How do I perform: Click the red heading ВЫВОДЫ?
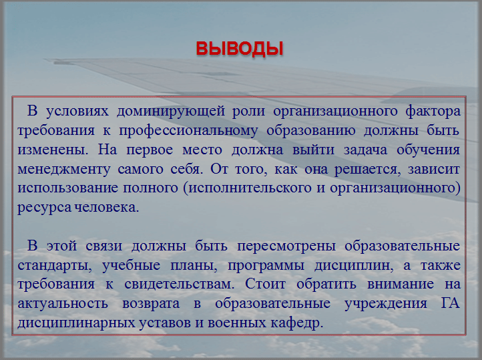(x=240, y=49)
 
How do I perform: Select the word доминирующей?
(x=171, y=111)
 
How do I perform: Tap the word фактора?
(x=433, y=111)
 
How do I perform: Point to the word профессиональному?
(x=188, y=131)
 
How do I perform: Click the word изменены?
(x=53, y=150)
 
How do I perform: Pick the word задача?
(x=365, y=150)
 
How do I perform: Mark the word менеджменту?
(x=63, y=170)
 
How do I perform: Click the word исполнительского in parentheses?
(x=250, y=188)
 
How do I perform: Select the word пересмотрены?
(x=286, y=246)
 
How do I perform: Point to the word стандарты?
(x=55, y=265)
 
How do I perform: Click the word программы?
(x=266, y=266)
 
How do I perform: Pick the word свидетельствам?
(x=179, y=285)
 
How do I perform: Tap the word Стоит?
(x=265, y=285)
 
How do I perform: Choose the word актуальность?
(x=63, y=304)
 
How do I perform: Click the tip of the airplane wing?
(x=45, y=60)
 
